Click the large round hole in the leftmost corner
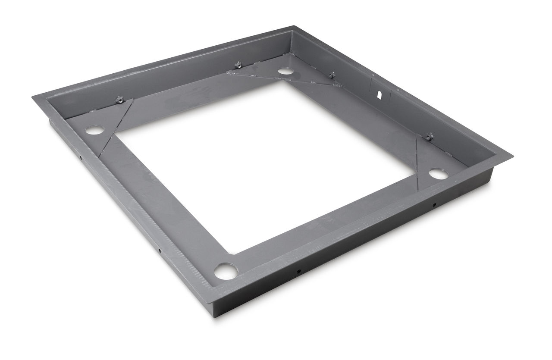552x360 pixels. pos(94,129)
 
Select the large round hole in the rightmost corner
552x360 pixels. pos(438,174)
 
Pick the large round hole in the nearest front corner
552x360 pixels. pos(226,271)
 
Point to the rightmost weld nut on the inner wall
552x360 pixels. pos(429,137)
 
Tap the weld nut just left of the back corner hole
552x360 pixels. pos(237,66)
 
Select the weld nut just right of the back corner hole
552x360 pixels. pos(332,75)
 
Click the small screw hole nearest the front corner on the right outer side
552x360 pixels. pos(298,272)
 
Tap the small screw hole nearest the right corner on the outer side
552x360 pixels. pos(434,205)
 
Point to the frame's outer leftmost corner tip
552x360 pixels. pos(33,97)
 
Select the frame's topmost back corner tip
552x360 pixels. pos(293,26)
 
